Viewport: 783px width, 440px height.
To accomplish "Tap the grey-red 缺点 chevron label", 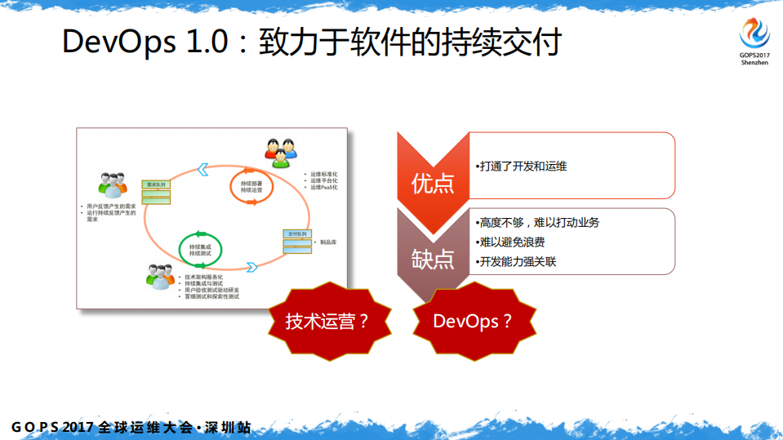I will pyautogui.click(x=433, y=259).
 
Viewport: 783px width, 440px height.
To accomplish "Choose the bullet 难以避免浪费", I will pyautogui.click(x=512, y=242).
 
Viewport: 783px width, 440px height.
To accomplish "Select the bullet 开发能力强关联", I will pyautogui.click(x=518, y=261).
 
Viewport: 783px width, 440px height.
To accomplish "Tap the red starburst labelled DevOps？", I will pyautogui.click(x=473, y=321).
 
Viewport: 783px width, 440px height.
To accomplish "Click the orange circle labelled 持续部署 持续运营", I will pyautogui.click(x=251, y=187).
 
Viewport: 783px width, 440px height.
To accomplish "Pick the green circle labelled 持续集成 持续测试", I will pyautogui.click(x=201, y=248).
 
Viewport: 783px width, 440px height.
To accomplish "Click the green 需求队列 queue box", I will pyautogui.click(x=155, y=193).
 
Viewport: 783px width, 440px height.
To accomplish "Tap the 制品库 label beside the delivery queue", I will pyautogui.click(x=331, y=242).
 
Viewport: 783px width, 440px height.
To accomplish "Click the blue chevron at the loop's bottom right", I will pyautogui.click(x=251, y=266).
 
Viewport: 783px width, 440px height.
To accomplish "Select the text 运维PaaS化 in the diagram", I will pyautogui.click(x=324, y=188).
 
